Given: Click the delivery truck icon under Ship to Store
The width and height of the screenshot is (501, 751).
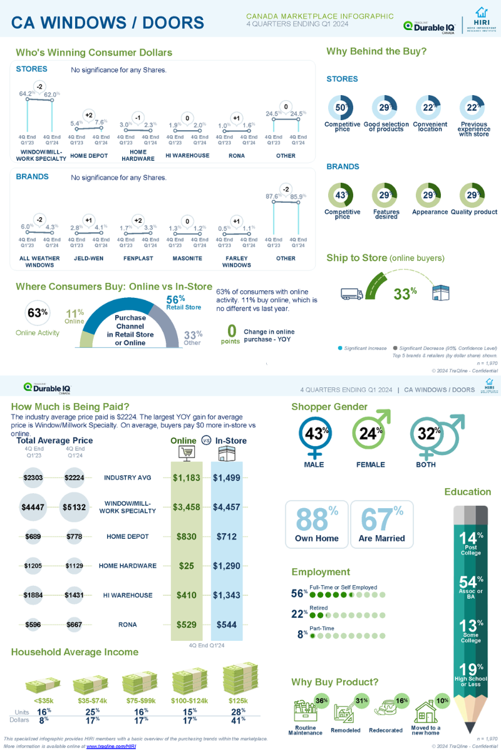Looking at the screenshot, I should (x=352, y=293).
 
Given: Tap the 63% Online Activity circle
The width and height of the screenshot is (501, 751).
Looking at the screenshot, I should (x=38, y=313).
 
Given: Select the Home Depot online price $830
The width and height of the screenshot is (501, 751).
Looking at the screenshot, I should (x=186, y=536).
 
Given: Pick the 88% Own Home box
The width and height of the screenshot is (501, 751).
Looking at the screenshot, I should (x=316, y=524).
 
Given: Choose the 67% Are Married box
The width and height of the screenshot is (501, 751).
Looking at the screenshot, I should (x=381, y=524).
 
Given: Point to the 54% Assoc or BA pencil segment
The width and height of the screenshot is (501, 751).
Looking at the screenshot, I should (x=471, y=587).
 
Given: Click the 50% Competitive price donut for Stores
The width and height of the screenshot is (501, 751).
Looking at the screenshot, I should (x=341, y=108).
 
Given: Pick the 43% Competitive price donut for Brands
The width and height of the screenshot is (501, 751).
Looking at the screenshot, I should (x=341, y=195).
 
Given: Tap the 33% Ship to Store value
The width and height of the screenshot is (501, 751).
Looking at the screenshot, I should (x=405, y=293).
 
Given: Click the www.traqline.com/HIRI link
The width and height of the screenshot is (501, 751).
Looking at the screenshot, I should (x=111, y=747).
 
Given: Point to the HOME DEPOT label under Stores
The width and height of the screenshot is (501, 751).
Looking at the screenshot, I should (x=89, y=156).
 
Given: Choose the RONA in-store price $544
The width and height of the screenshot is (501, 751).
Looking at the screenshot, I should (x=226, y=625).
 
